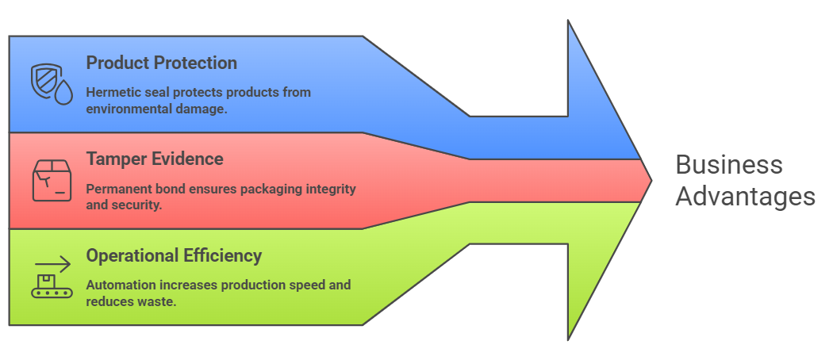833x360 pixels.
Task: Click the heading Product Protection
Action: pos(161,63)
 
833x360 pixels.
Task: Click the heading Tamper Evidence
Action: pos(155,159)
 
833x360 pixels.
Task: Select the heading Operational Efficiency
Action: pos(174,255)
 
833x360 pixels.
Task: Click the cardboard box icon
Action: pos(52,180)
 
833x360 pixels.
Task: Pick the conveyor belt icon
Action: pos(52,277)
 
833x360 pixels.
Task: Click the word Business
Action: pos(729,165)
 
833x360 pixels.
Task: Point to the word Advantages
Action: pos(745,196)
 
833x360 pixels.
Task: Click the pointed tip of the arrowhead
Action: pos(651,181)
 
